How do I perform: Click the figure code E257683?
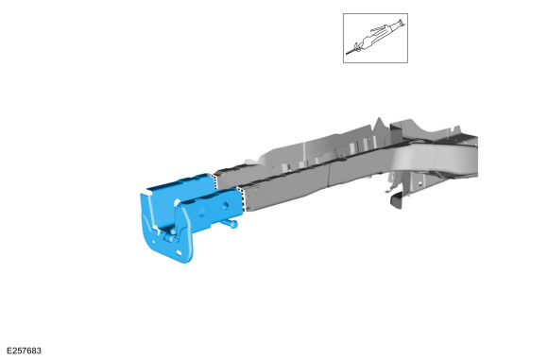tap(24, 351)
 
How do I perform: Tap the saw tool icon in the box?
tap(376, 38)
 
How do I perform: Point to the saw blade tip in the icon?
tap(347, 54)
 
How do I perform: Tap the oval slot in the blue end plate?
tap(180, 252)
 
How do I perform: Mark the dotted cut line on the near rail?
tap(241, 199)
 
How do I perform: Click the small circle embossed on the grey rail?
tap(257, 191)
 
